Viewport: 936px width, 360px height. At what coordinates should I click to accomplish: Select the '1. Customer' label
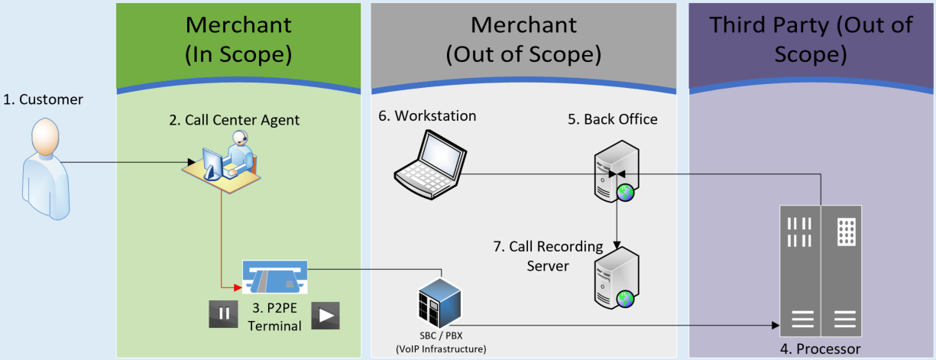[44, 99]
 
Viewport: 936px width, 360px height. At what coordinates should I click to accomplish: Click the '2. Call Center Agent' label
[234, 119]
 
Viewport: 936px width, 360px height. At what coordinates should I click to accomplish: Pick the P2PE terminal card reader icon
[274, 277]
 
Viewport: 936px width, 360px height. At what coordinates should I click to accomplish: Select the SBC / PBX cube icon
[439, 303]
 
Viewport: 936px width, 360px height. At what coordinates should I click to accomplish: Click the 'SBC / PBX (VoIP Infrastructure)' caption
[440, 343]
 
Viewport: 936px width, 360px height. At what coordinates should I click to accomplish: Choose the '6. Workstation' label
[428, 116]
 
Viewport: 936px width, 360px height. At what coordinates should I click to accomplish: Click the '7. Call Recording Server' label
[548, 255]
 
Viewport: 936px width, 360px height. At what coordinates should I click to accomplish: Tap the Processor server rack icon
[819, 271]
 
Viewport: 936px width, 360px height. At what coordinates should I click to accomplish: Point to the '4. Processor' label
[820, 349]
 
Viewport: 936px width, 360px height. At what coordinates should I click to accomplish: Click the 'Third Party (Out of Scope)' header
[811, 39]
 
